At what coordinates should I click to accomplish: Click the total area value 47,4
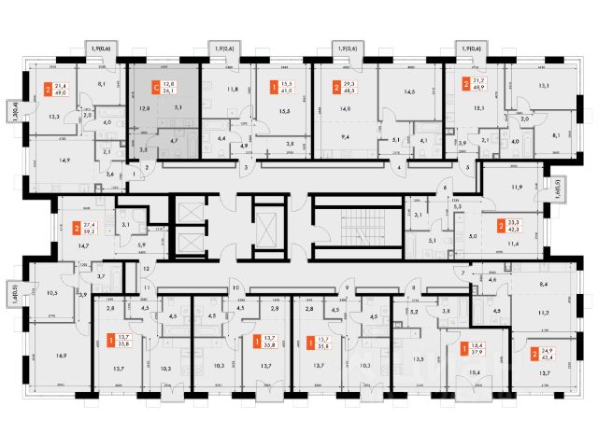(x=545, y=357)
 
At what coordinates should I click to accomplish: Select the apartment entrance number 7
(x=460, y=273)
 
